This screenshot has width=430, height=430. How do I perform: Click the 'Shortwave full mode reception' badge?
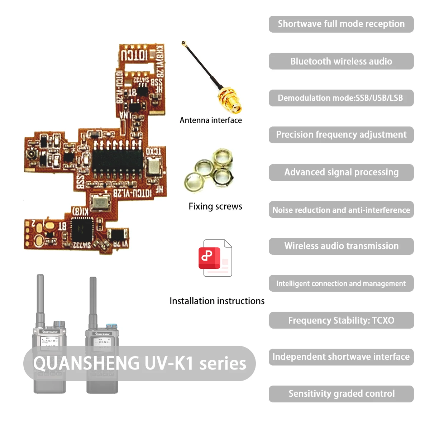coord(341,24)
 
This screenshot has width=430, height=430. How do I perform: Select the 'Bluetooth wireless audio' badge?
coord(341,61)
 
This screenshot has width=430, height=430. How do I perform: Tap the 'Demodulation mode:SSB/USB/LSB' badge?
coord(341,98)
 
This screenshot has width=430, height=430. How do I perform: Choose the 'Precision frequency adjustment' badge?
coord(341,135)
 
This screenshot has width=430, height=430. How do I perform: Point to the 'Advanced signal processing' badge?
coord(341,172)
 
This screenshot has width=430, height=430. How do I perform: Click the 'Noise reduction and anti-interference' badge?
coord(341,210)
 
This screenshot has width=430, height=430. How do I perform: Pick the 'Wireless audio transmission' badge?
coord(341,246)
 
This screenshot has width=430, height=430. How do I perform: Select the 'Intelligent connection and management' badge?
coord(341,283)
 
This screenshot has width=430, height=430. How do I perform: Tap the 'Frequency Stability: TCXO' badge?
coord(341,320)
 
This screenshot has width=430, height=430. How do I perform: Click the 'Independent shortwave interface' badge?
coord(341,357)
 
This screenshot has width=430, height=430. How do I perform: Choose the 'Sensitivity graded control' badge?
coord(341,394)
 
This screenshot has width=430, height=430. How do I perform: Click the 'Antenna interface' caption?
coord(211,120)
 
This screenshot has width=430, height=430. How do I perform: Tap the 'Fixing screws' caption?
coord(215,206)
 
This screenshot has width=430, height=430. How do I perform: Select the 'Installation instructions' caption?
coord(217,301)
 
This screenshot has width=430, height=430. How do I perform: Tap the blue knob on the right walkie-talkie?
coord(111,326)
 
